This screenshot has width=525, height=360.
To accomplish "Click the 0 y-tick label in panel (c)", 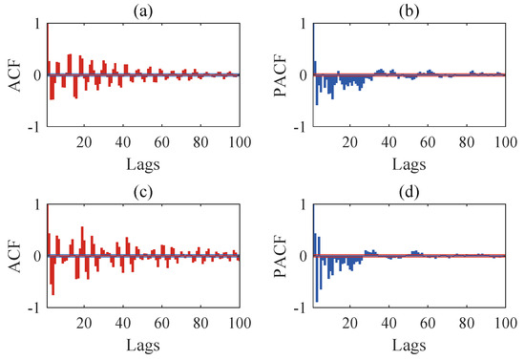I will [x=37, y=256].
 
